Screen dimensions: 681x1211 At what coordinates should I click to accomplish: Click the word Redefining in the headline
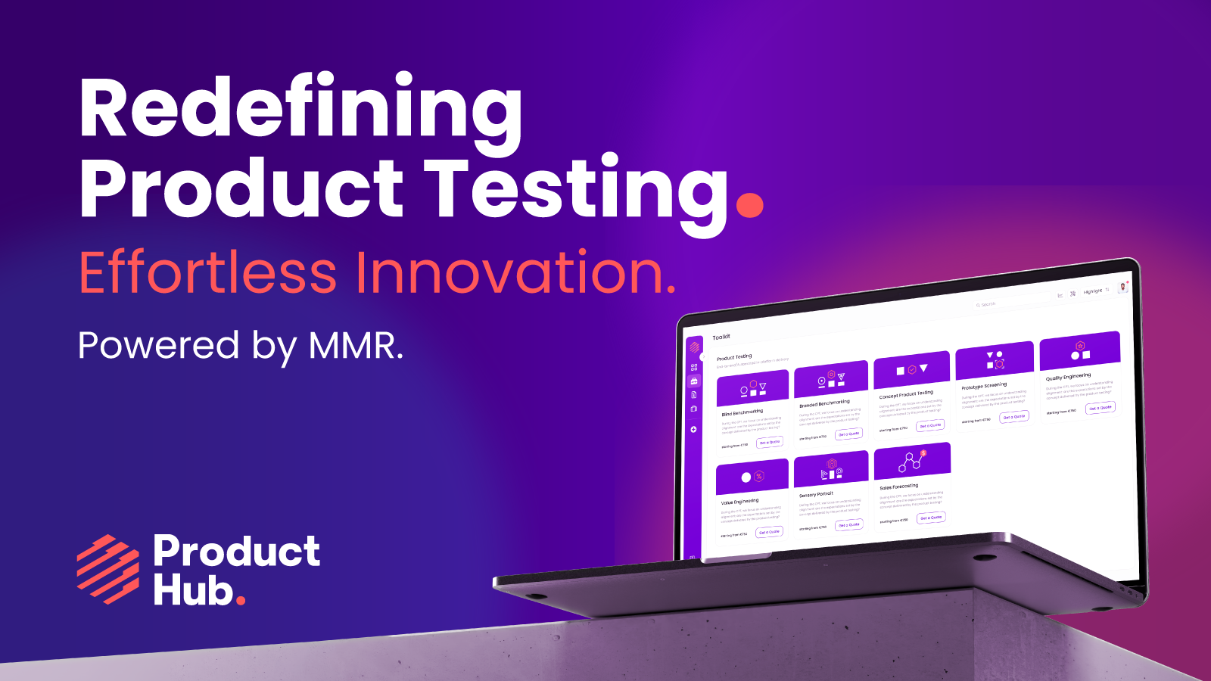click(x=300, y=110)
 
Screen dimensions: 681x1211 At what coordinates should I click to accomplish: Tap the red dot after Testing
click(x=749, y=204)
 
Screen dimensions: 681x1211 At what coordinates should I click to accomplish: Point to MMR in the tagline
click(x=353, y=347)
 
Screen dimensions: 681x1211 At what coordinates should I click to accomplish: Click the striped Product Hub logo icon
click(x=108, y=569)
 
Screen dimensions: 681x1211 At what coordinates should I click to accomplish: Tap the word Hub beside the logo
click(x=193, y=590)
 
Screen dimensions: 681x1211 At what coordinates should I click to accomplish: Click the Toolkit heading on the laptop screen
click(x=721, y=337)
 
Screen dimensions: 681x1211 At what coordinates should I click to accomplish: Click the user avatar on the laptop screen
click(x=1122, y=287)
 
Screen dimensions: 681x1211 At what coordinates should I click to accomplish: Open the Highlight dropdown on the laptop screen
click(x=1095, y=291)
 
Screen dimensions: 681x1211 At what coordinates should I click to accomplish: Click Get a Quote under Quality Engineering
click(x=1100, y=408)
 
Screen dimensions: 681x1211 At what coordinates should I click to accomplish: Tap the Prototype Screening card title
click(x=984, y=386)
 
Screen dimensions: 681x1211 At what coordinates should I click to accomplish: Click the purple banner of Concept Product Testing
click(x=911, y=369)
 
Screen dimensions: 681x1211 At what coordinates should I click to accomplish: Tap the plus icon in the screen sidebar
click(x=693, y=429)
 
